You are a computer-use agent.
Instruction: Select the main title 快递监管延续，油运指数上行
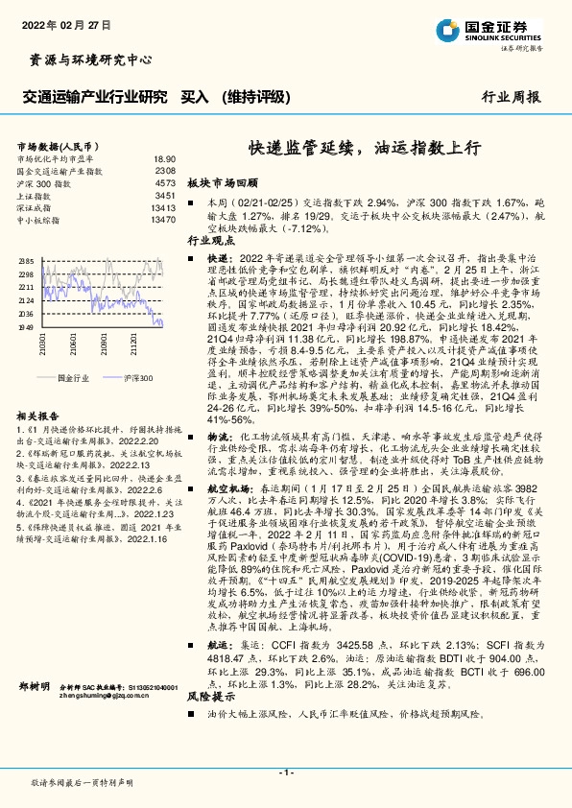pos(365,149)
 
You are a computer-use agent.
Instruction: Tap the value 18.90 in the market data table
pos(164,158)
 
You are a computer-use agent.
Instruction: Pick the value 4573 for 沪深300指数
pos(165,181)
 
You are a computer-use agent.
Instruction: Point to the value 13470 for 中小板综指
pos(162,219)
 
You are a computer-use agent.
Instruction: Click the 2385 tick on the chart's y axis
pos(27,261)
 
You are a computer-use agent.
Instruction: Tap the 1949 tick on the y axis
pos(27,326)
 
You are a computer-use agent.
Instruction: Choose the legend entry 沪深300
pos(138,379)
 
